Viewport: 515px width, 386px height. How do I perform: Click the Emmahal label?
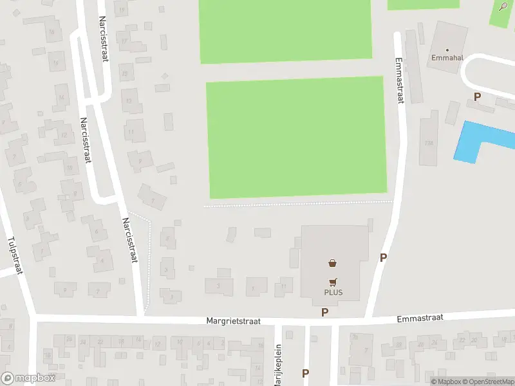point(448,57)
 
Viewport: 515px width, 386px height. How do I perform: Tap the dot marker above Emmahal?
point(448,48)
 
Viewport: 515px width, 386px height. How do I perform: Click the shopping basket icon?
point(333,262)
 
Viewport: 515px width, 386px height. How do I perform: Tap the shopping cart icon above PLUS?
point(333,282)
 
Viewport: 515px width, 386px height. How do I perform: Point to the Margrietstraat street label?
point(233,320)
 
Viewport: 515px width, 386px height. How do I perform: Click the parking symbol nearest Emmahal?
point(477,97)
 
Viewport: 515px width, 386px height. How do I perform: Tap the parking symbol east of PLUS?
point(384,257)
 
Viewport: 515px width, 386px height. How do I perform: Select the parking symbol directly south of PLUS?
point(325,312)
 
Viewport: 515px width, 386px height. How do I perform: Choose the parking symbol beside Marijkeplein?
point(305,373)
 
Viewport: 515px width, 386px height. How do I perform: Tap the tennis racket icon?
point(503,6)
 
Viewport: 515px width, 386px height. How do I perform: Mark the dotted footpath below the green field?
point(296,204)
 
